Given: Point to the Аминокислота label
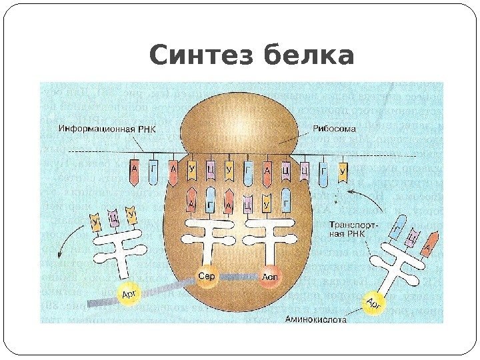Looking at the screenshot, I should (x=316, y=319).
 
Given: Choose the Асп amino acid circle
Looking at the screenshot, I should (x=271, y=276).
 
